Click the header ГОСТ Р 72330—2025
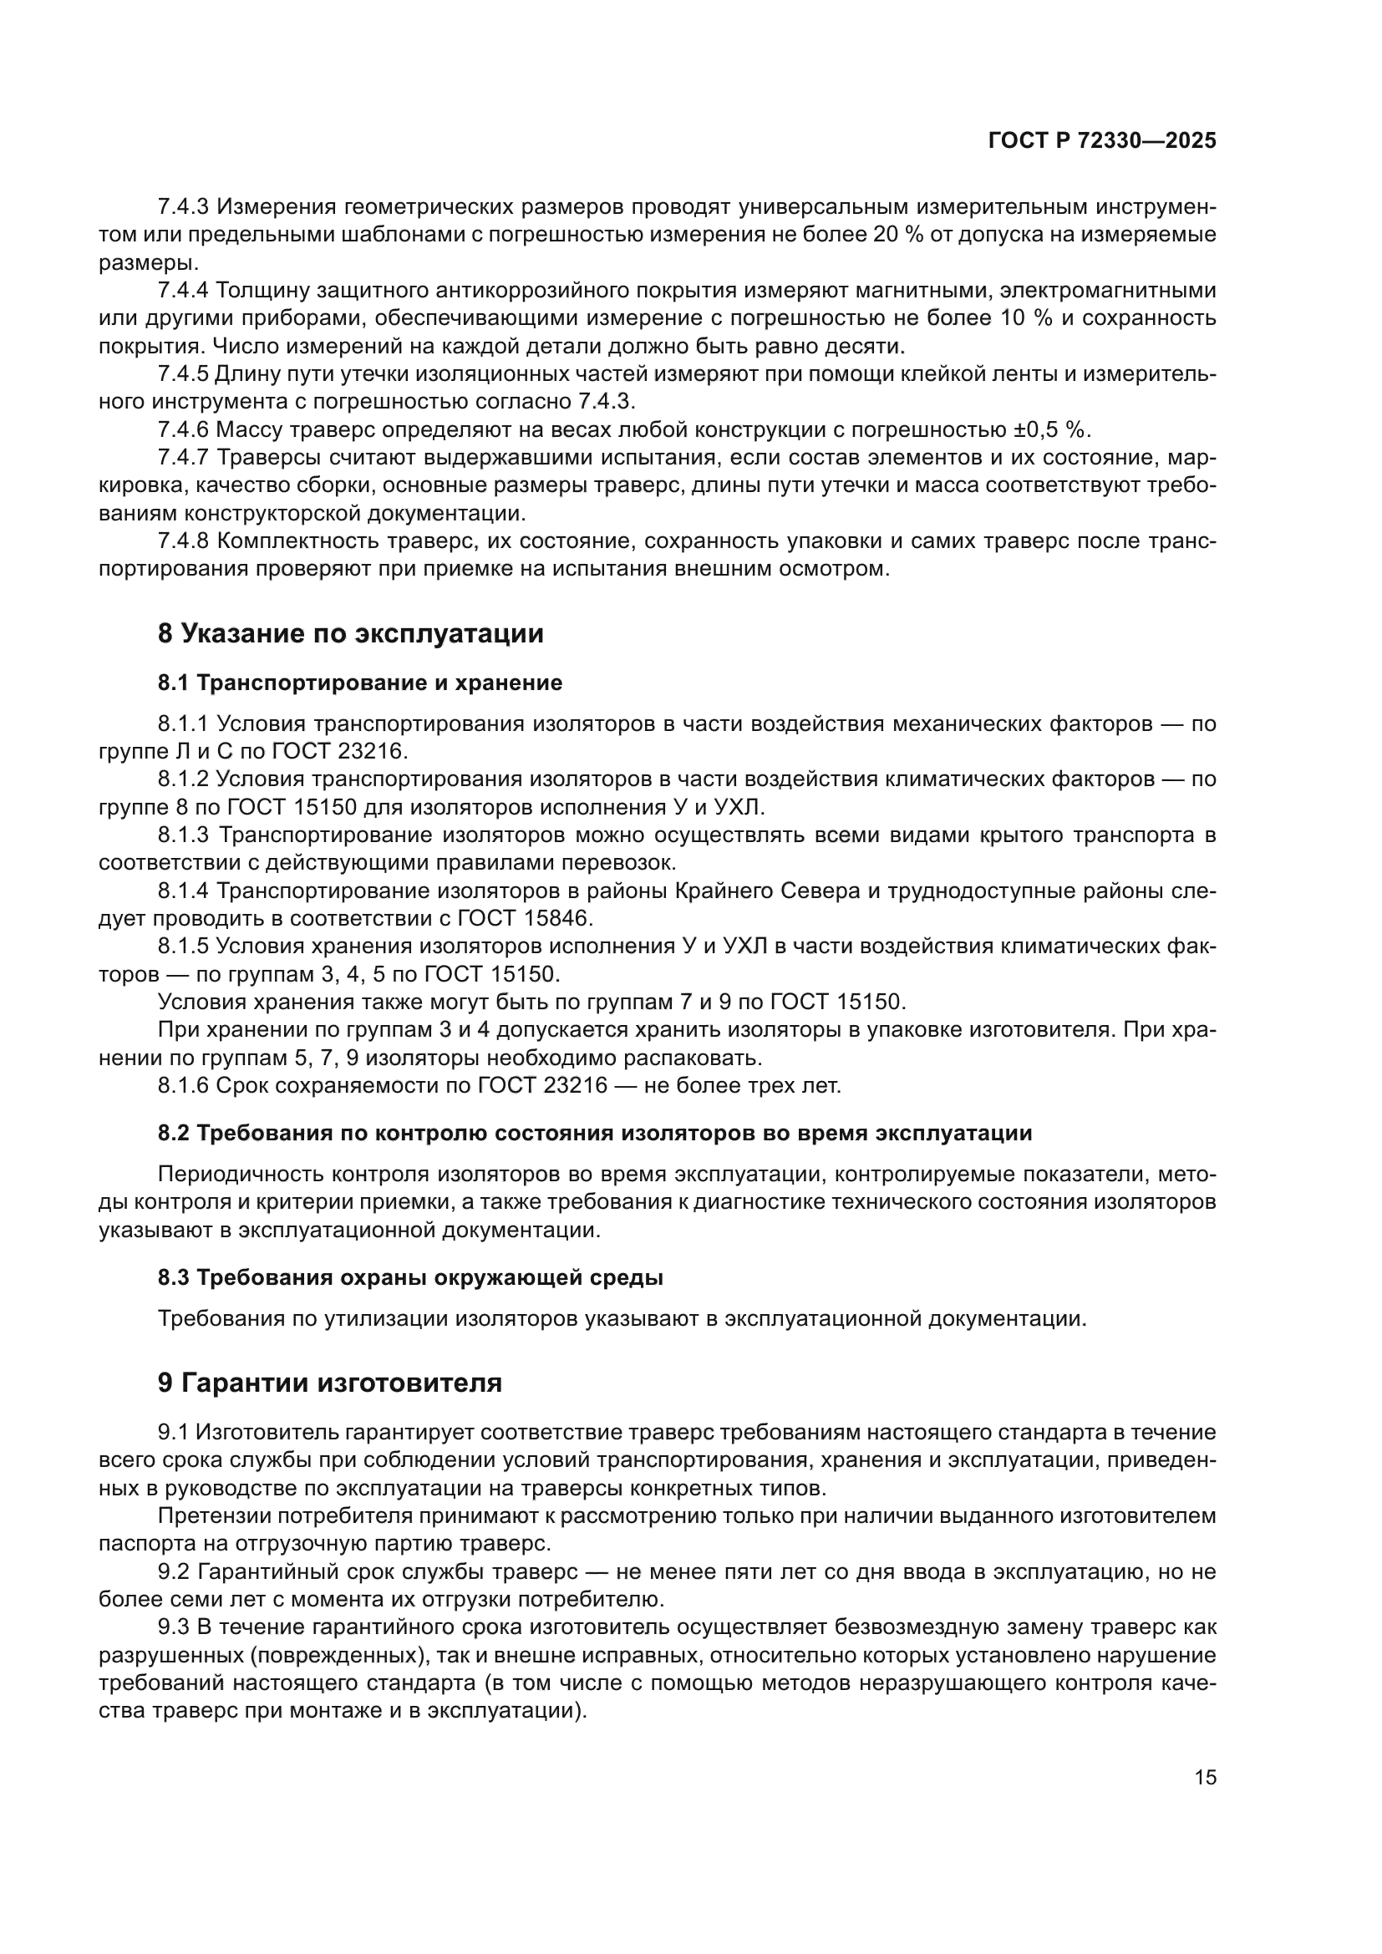click(1102, 141)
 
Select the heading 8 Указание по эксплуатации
click(351, 634)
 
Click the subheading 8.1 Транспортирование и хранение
click(360, 683)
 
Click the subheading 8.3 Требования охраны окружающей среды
click(410, 1277)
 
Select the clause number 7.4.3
click(183, 207)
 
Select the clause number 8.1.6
click(183, 1086)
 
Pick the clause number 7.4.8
click(183, 541)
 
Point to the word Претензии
click(214, 1515)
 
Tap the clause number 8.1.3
click(183, 835)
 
